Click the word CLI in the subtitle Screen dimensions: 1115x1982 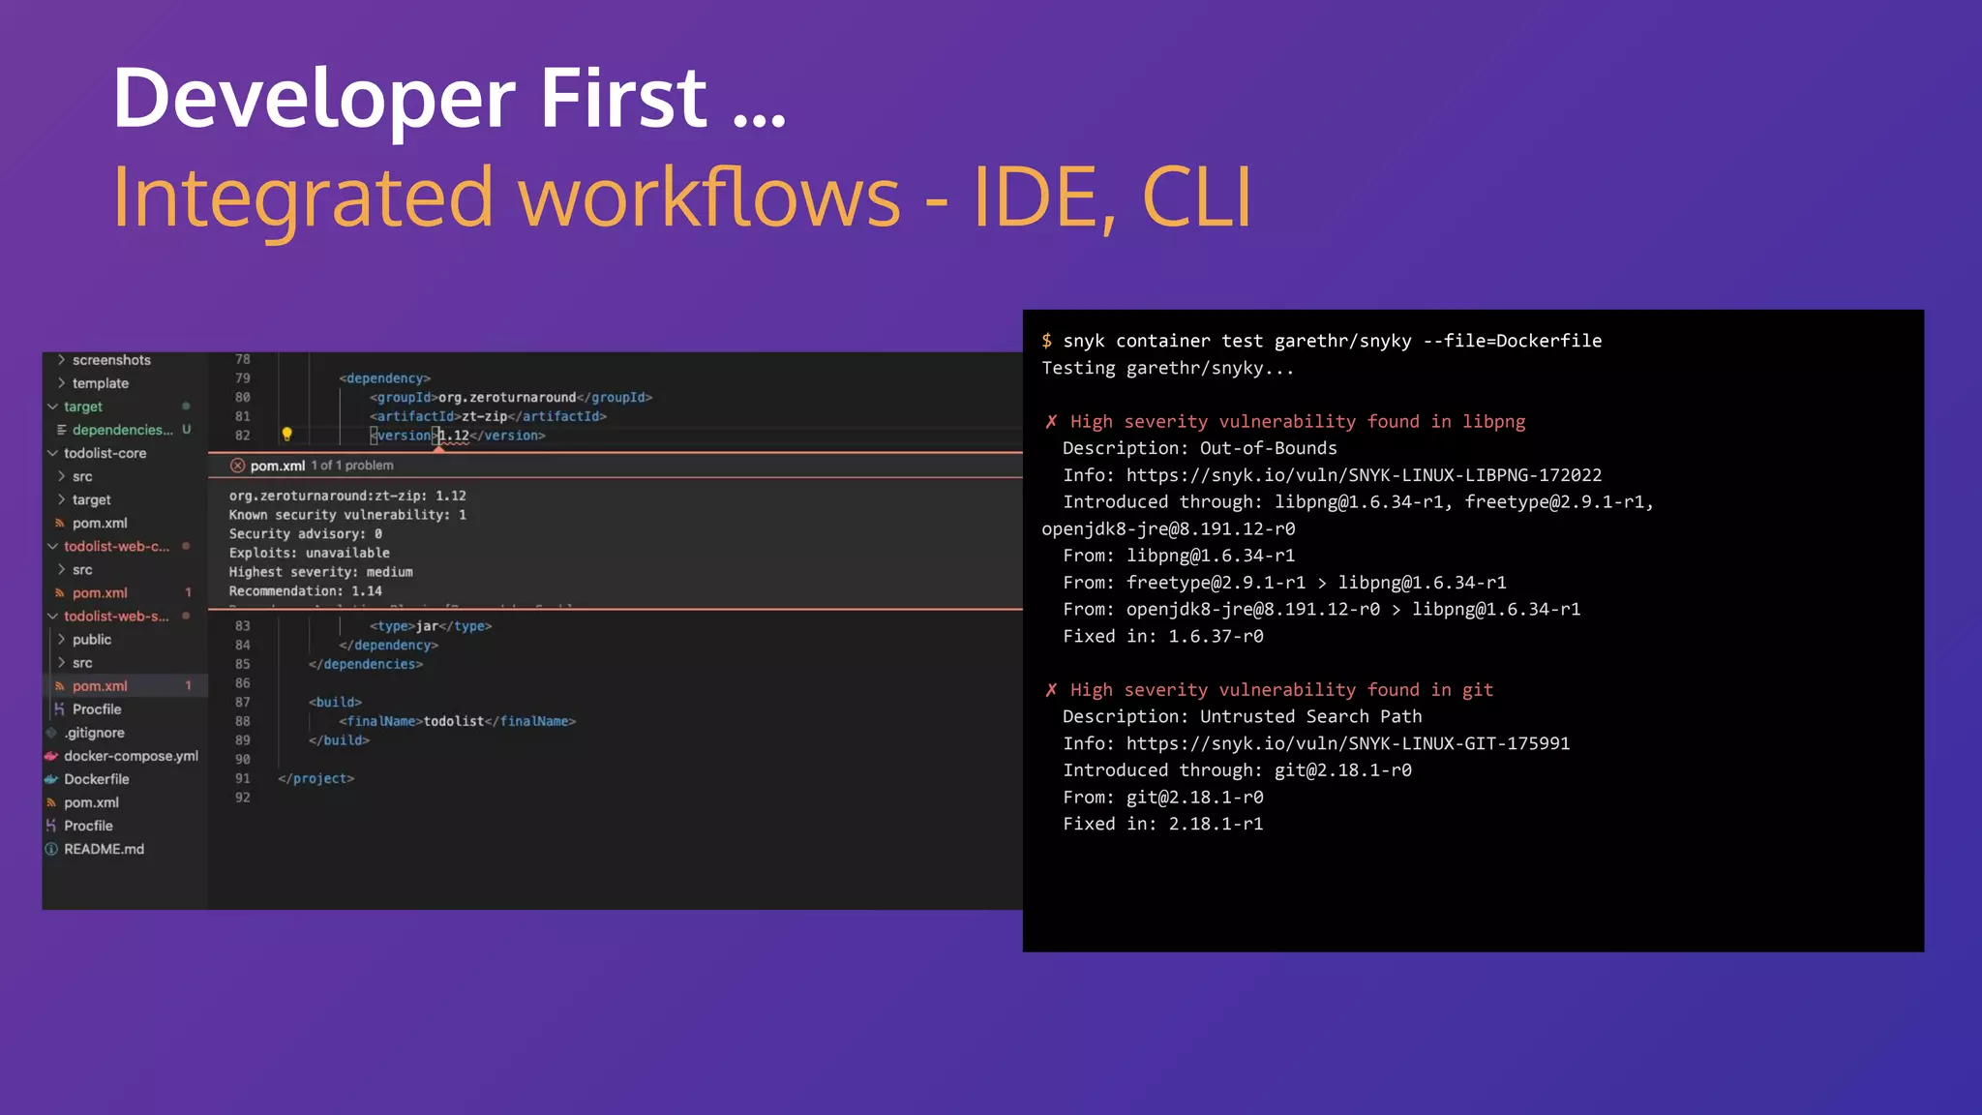click(1196, 197)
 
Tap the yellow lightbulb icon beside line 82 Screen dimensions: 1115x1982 click(286, 435)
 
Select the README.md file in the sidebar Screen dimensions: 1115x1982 click(104, 849)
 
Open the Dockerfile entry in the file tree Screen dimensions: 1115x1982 click(96, 779)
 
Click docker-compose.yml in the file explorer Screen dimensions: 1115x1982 click(131, 756)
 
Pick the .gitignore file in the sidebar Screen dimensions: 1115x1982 click(95, 733)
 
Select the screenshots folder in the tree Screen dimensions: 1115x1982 click(111, 360)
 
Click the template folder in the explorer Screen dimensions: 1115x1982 click(100, 383)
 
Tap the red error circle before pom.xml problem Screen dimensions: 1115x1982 click(237, 466)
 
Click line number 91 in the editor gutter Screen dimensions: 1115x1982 click(242, 778)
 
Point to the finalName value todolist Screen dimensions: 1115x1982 click(453, 721)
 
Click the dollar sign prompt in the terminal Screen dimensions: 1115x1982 click(1046, 341)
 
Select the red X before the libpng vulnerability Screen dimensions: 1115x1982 click(1051, 421)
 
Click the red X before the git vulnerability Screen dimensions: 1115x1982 click(1051, 689)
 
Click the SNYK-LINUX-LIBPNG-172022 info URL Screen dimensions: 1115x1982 click(1364, 475)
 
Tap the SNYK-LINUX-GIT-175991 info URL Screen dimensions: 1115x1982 click(1347, 743)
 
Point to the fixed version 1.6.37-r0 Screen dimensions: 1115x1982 click(1216, 636)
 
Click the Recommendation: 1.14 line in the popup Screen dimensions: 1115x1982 click(305, 590)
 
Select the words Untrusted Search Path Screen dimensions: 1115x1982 click(1310, 716)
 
